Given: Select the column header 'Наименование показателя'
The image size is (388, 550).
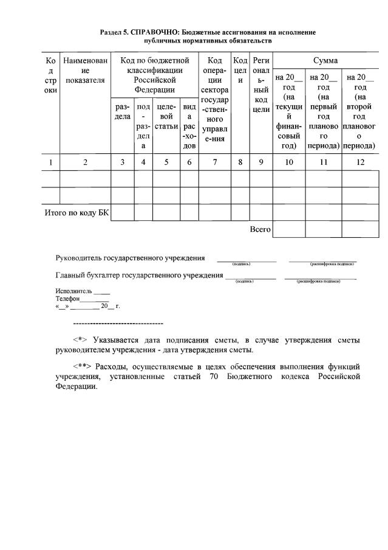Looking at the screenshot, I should pos(85,71).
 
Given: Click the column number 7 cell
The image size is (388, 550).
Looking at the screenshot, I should pos(214,162).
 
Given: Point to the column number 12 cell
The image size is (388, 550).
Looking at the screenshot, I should pos(360,162).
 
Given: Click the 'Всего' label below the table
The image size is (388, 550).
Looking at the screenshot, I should pos(260,229).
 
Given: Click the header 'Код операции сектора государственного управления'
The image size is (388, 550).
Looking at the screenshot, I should pos(214,100).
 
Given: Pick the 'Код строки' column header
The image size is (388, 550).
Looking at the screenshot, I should pos(51,75).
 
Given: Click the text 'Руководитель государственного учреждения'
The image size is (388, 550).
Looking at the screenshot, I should pos(130,258).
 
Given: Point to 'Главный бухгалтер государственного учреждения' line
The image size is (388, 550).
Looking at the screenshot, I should pos(139,275).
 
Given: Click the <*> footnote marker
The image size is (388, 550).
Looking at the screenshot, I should pos(80,339).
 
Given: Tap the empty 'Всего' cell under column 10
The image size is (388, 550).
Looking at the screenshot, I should pos(288,229).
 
